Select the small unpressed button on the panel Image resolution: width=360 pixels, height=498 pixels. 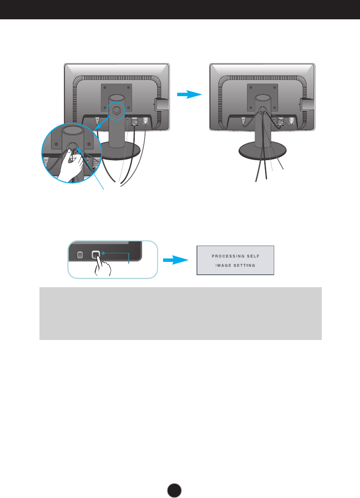79,255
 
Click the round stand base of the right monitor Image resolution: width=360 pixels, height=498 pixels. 263,152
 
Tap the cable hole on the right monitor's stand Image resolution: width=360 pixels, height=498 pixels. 260,109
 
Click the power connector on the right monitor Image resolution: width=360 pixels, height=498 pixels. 244,121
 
